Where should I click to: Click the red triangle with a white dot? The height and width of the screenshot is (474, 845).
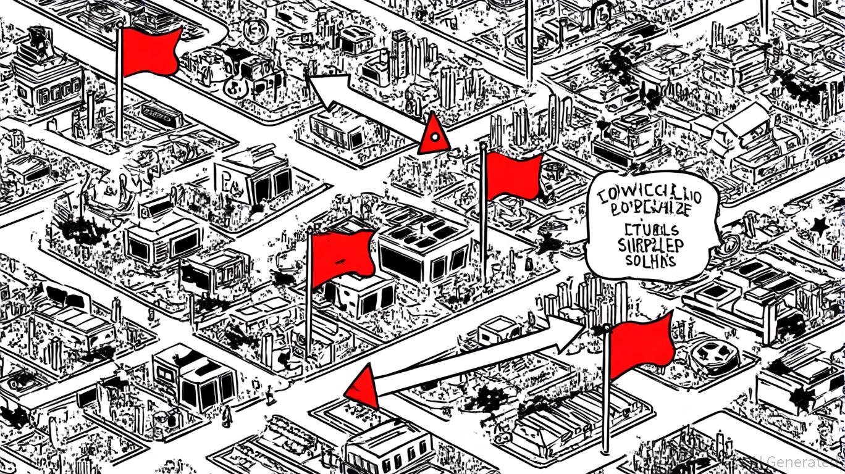coord(434,135)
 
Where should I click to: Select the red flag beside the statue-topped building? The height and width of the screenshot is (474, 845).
coord(150,51)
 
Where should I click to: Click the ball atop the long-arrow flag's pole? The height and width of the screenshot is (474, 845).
coord(607,328)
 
